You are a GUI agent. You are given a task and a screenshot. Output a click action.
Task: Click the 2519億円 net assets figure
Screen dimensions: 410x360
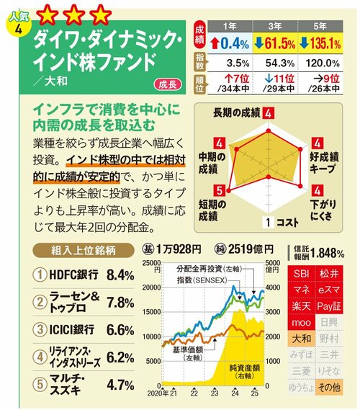tap(250, 249)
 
